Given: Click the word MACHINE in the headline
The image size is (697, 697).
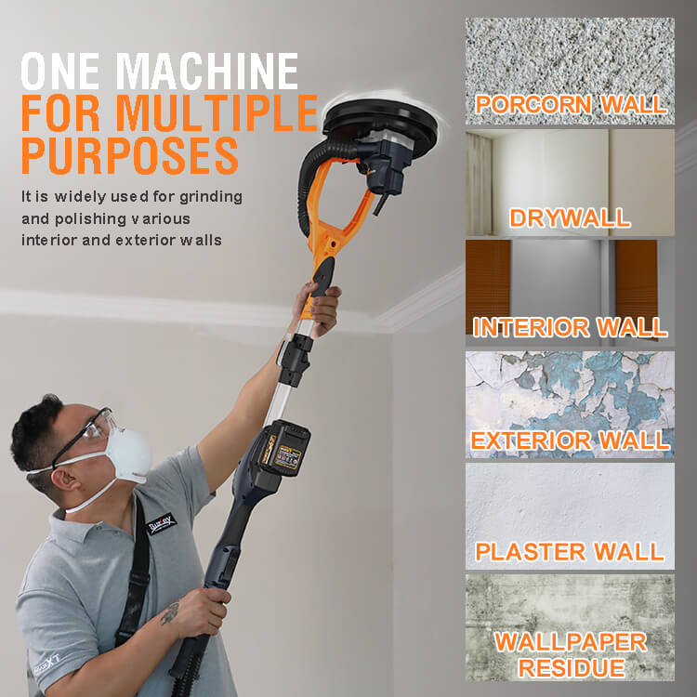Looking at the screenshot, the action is coord(209,72).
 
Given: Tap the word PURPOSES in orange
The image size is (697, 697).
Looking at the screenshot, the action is coord(130,155).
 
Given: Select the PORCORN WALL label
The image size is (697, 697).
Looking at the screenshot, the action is coord(571,104).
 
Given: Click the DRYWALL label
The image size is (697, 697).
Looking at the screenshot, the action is coord(570,217).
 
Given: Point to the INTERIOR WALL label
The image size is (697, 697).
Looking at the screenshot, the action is coord(570,328).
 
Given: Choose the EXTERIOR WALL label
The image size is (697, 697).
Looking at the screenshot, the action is coord(571,441).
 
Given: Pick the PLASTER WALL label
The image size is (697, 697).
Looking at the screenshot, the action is coord(570,552).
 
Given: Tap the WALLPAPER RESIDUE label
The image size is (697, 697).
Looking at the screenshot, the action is coord(571,655).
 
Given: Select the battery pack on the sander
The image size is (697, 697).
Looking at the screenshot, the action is coord(283,449).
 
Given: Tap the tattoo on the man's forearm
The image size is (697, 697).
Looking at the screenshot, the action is coord(170,613).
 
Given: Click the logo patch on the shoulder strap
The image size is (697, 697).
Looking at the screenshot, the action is coord(162,523).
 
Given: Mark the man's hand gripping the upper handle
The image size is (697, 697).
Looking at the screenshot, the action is coord(320,309).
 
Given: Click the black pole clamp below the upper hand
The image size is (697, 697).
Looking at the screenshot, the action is coord(295,359).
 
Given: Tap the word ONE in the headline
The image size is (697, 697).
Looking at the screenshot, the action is coord(60,72).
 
